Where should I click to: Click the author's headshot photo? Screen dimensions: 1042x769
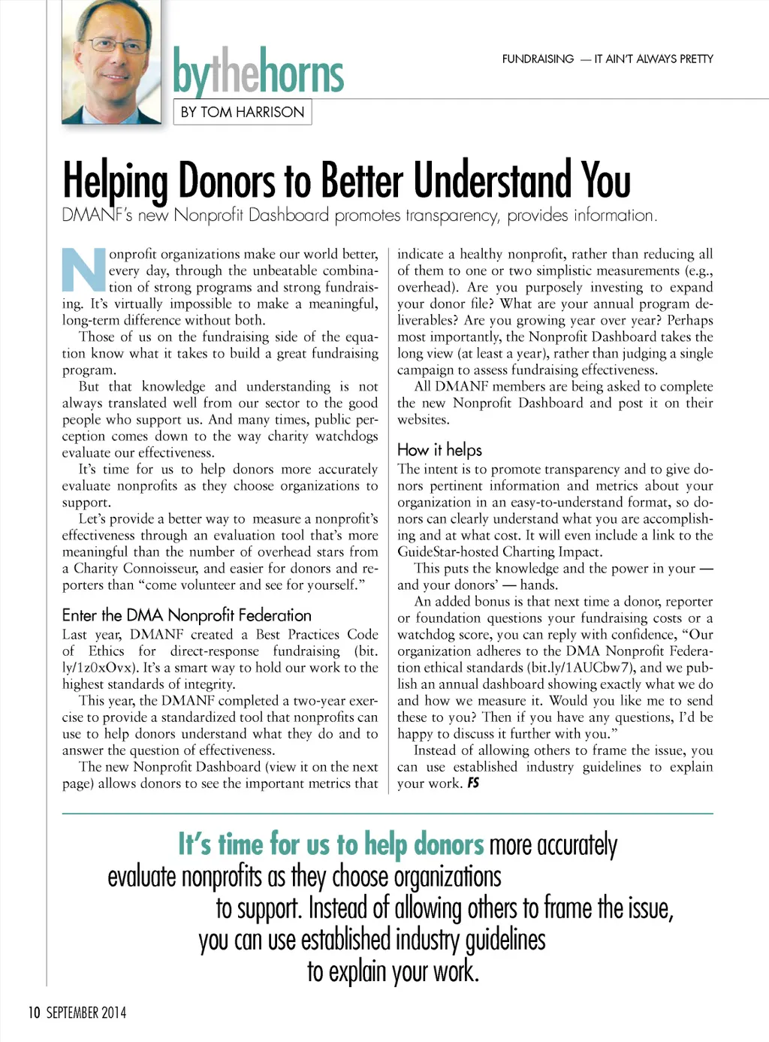point(111,62)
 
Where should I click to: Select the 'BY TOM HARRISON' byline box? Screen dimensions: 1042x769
point(243,112)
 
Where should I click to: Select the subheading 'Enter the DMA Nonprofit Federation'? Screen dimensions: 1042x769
point(186,615)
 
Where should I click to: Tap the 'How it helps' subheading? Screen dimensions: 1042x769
point(439,450)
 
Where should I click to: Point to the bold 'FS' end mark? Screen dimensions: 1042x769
point(473,783)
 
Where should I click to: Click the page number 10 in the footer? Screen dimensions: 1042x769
point(34,1013)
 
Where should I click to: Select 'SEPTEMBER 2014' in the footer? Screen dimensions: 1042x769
point(86,1013)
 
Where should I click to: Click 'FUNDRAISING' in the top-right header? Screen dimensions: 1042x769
point(538,59)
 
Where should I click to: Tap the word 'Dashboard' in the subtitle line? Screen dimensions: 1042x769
point(288,216)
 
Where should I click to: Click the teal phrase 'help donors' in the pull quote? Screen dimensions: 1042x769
point(424,844)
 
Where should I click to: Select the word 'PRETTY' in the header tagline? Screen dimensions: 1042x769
point(695,59)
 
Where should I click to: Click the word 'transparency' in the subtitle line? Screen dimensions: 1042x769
point(453,216)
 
